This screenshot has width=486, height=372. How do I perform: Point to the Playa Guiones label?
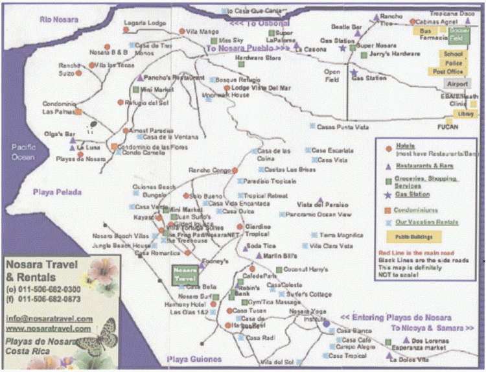pyautogui.click(x=194, y=359)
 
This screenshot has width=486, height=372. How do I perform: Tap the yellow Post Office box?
pyautogui.click(x=453, y=71)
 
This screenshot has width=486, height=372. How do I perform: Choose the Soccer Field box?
pyautogui.click(x=459, y=31)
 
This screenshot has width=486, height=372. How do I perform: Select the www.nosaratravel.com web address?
pyautogui.click(x=49, y=329)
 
